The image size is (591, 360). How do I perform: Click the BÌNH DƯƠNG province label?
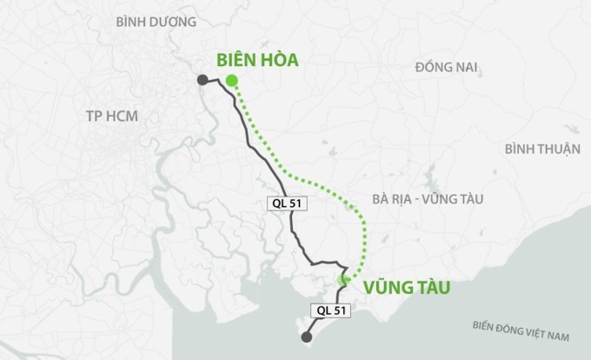coord(157,21)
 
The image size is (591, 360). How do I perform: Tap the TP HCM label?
coord(112,117)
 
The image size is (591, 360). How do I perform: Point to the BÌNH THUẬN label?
coord(541,149)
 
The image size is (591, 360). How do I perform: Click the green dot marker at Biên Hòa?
coord(231,81)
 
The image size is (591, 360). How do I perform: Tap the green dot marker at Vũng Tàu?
coord(343,279)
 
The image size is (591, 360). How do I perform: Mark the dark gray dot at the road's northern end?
coord(202,79)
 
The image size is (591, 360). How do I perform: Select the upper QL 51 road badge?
coord(286,202)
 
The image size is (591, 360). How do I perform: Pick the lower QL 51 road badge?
coord(329,310)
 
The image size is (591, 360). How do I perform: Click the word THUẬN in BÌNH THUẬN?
coord(558,149)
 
